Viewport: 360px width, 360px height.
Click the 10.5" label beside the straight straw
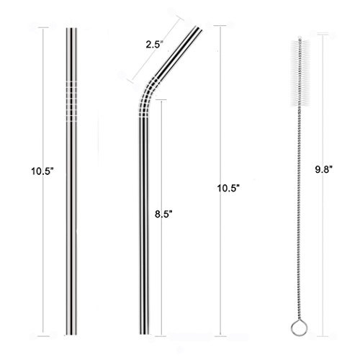coord(42,171)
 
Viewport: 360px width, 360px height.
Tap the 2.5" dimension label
coord(155,45)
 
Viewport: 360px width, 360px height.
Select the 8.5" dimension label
coord(163,214)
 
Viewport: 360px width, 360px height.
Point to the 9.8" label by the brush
coord(323,170)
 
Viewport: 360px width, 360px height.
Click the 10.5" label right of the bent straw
coord(228,188)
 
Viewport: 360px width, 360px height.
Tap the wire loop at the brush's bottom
coord(299,328)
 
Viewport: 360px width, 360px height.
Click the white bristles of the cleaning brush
coord(300,73)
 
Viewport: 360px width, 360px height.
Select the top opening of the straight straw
coord(71,29)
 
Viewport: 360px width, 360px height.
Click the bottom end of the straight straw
coord(71,334)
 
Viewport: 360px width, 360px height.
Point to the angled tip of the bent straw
coord(199,28)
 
